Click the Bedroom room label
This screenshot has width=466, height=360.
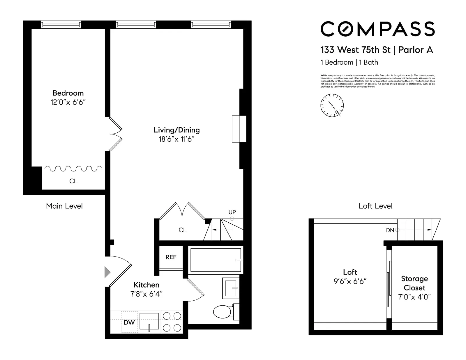68,93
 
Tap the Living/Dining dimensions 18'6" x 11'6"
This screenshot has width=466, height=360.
176,139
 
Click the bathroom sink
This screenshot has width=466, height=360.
231,288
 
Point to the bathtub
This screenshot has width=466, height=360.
216,260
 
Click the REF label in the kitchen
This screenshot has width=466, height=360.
171,257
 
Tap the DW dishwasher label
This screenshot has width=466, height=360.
129,322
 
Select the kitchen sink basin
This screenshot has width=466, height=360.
149,321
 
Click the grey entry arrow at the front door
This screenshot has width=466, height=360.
108,272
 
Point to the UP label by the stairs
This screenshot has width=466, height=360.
232,212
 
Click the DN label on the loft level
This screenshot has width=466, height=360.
390,230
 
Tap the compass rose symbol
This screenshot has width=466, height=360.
332,105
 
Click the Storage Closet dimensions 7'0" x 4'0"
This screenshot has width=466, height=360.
414,297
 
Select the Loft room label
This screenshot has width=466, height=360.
350,272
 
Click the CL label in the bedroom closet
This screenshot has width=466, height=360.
73,181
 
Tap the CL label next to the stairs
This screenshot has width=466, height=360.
183,230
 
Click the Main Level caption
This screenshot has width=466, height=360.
64,206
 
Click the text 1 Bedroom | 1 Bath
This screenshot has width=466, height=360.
349,62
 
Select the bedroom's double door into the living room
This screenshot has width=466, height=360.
115,134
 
